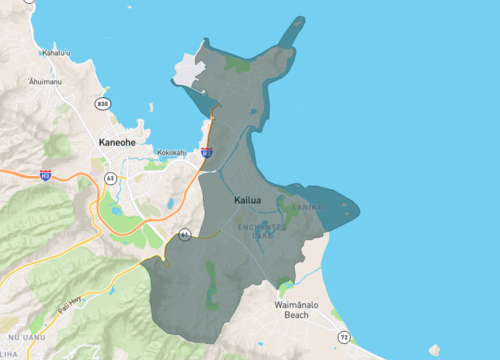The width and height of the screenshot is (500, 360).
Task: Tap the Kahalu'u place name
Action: [x=56, y=53]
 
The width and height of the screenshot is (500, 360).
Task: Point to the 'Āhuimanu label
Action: [x=46, y=81]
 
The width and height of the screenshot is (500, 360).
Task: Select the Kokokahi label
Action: [x=170, y=153]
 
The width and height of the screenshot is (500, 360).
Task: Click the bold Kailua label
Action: [x=247, y=200]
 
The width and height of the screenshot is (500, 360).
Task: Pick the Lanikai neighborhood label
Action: [x=311, y=208]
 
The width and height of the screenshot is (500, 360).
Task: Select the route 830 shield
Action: [x=102, y=104]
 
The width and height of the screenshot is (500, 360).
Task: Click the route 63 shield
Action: [x=110, y=178]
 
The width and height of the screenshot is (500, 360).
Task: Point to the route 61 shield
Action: [x=184, y=234]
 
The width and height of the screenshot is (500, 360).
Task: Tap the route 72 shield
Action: [x=344, y=337]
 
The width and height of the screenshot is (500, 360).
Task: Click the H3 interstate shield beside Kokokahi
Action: [x=206, y=153]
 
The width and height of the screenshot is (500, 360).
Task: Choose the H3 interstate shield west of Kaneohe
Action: [x=46, y=175]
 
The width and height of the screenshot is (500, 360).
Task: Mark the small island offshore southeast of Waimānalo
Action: [x=434, y=350]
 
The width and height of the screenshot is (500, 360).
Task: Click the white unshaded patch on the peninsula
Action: [x=189, y=72]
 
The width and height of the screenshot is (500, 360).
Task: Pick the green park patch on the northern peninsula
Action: [x=239, y=65]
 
